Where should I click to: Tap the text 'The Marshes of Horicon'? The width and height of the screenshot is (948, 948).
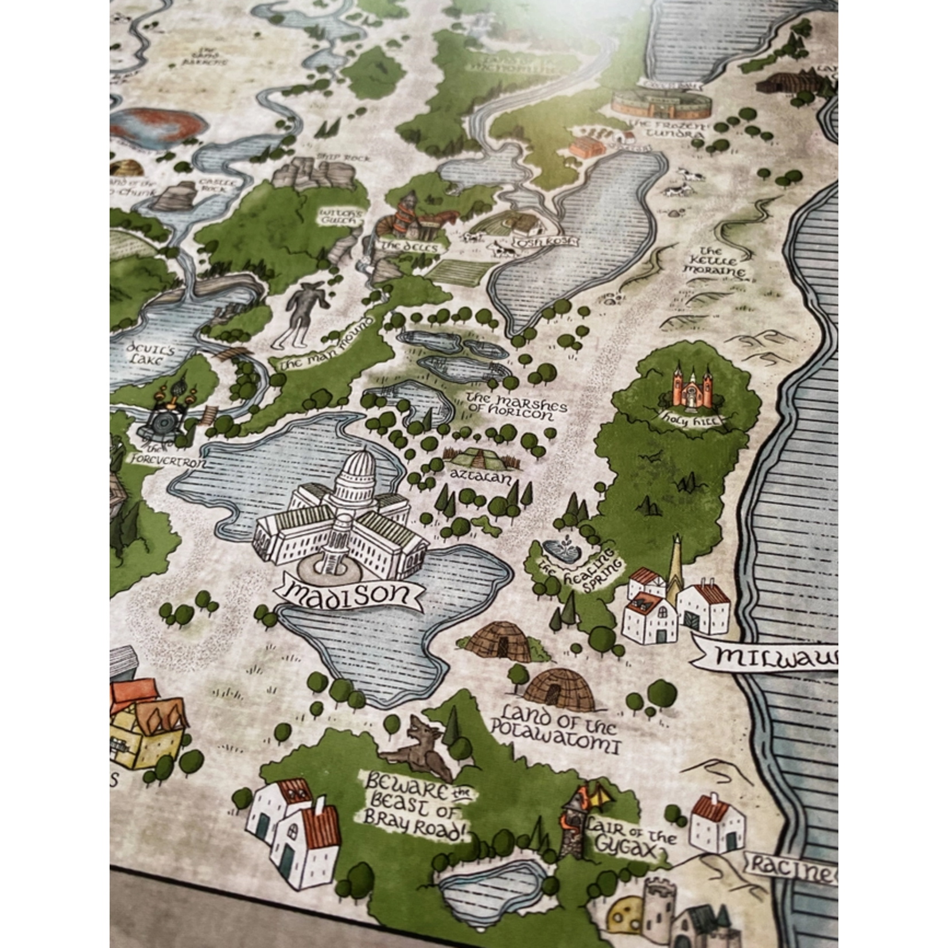tap(515, 406)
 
